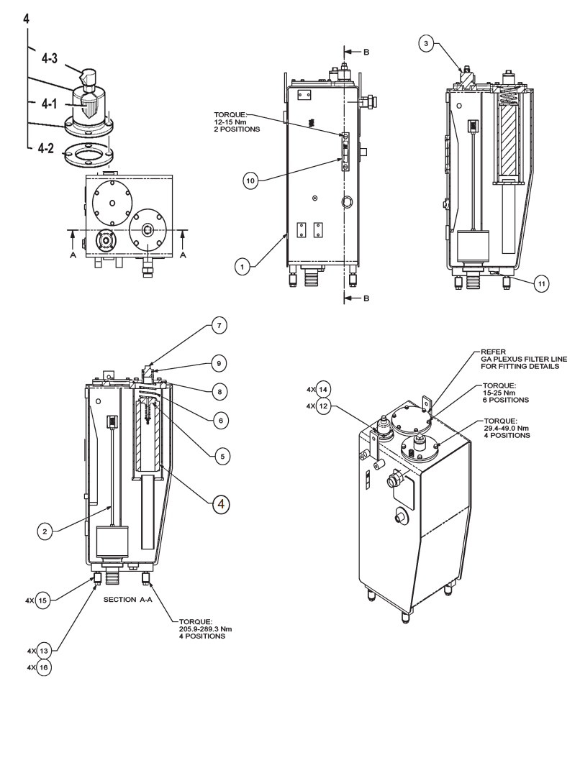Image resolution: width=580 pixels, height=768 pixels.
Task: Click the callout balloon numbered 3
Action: pyautogui.click(x=426, y=44)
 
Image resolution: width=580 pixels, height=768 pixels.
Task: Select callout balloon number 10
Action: pyautogui.click(x=250, y=180)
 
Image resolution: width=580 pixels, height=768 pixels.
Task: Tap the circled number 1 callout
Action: pyautogui.click(x=242, y=267)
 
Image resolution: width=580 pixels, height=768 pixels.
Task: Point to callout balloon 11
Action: pyautogui.click(x=540, y=283)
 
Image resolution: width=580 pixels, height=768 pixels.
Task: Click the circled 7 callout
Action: pyautogui.click(x=219, y=325)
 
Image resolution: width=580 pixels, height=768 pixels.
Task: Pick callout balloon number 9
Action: pyautogui.click(x=219, y=363)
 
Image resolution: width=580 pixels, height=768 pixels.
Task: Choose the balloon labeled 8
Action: pyautogui.click(x=219, y=392)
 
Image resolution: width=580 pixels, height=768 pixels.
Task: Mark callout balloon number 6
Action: pyautogui.click(x=221, y=420)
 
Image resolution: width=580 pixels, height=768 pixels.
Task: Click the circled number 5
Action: pyautogui.click(x=222, y=456)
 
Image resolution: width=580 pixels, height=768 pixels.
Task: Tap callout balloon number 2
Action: pyautogui.click(x=45, y=531)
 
